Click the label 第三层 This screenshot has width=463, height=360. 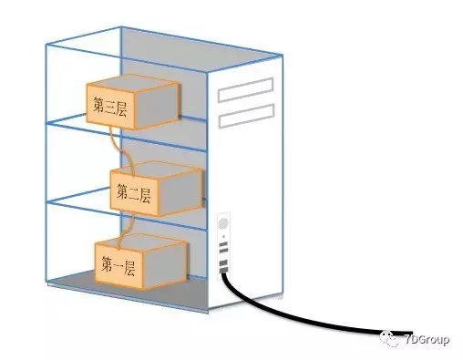110,105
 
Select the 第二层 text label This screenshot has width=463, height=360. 133,193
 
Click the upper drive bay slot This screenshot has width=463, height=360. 246,88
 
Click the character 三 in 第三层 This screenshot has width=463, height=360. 110,105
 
